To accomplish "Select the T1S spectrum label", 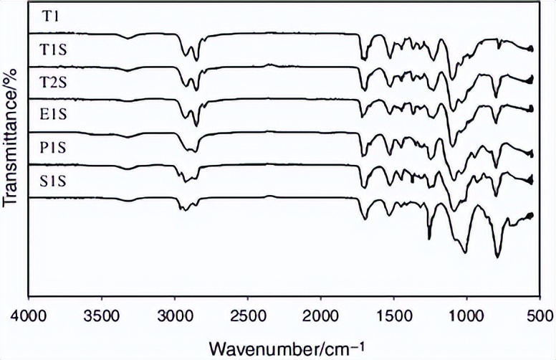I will click(54, 48).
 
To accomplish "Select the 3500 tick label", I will click(101, 314).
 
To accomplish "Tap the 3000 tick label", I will click(174, 314).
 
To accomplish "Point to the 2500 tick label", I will click(247, 314).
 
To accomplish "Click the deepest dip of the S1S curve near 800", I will click(497, 256).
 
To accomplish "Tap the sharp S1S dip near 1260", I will click(429, 239).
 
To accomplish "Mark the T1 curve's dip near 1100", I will click(451, 79).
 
